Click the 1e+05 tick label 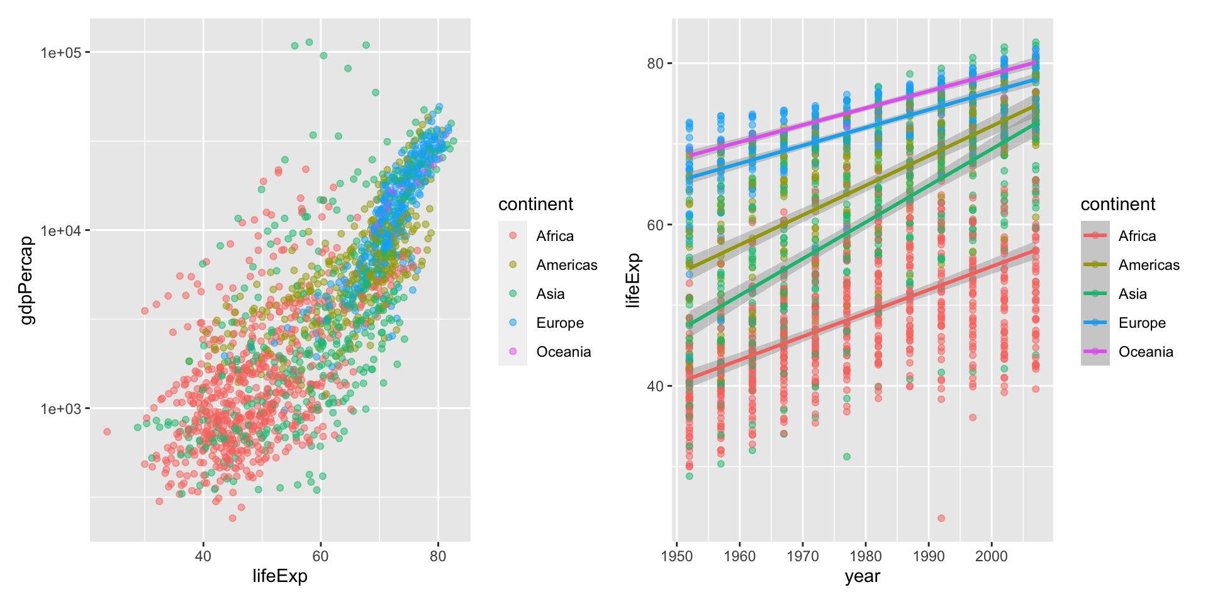[x=61, y=53]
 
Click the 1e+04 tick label [x=61, y=231]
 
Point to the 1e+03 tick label [x=61, y=409]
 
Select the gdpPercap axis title [x=26, y=280]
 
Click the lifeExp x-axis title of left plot [x=280, y=576]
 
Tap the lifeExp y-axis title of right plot [x=633, y=280]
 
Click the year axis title [x=862, y=576]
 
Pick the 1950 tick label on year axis [x=677, y=556]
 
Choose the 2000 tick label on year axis [x=992, y=556]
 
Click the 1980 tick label [x=866, y=556]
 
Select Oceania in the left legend [x=563, y=352]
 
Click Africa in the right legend [x=1137, y=236]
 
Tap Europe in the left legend [x=559, y=323]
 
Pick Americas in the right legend [x=1148, y=265]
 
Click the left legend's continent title [x=535, y=204]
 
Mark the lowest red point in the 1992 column [x=941, y=518]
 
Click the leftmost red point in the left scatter [x=107, y=432]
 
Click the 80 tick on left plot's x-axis [x=438, y=556]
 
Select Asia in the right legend [x=1132, y=294]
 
